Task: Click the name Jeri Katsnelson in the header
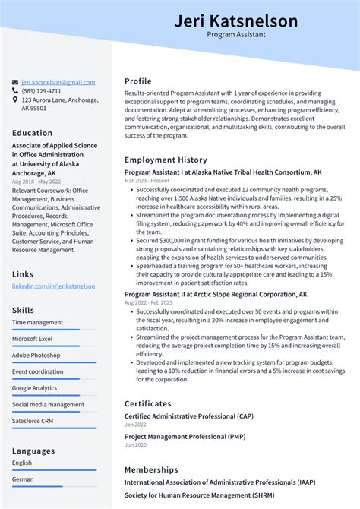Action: point(235,21)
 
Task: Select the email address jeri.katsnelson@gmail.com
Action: point(58,82)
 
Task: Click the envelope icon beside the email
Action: point(15,82)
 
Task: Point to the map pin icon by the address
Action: point(15,100)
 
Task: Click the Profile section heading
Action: point(138,81)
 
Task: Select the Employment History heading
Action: point(166,160)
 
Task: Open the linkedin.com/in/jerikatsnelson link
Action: point(53,286)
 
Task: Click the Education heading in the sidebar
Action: point(32,133)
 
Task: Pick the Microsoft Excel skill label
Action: point(32,338)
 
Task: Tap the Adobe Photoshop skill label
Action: point(36,355)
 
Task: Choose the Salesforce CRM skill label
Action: point(33,421)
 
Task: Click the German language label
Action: point(23,479)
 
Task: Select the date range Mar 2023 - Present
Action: point(148,181)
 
